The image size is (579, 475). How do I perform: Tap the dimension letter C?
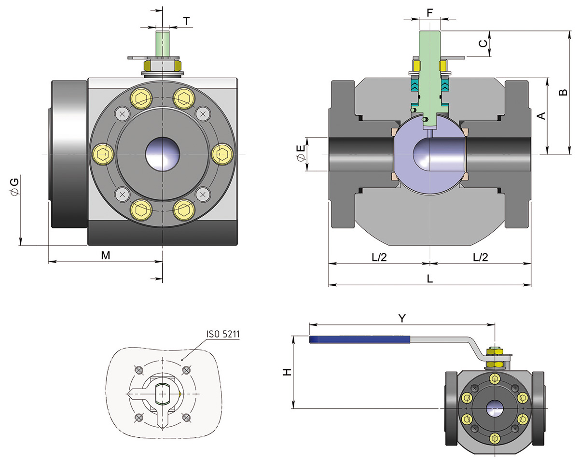[482, 43]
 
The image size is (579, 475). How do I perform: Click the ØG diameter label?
[14, 186]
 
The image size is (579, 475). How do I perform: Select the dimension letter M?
[106, 256]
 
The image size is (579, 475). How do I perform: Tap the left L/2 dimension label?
[379, 257]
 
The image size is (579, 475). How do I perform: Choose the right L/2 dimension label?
[480, 257]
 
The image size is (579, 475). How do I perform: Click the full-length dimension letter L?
[430, 279]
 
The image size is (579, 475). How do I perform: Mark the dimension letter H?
[287, 372]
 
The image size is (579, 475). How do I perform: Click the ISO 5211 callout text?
[223, 334]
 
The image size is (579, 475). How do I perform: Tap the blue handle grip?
[359, 340]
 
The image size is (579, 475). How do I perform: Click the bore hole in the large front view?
[163, 154]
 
